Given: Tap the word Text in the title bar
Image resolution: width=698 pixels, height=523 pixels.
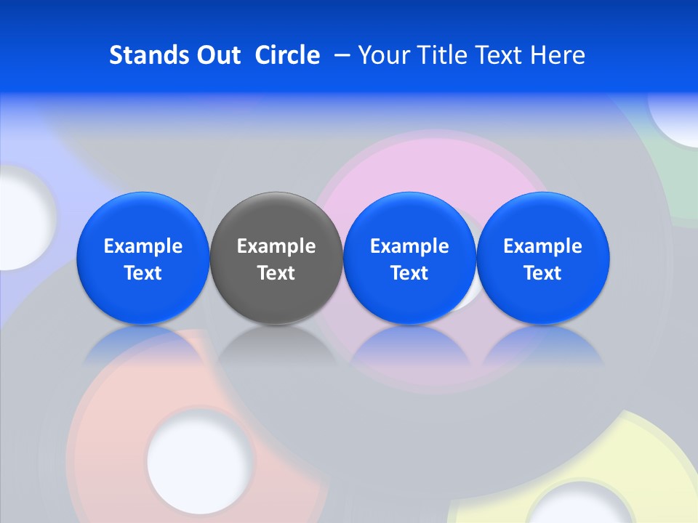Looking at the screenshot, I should pyautogui.click(x=497, y=55).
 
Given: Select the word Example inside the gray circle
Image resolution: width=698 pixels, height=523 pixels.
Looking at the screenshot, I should pyautogui.click(x=276, y=246).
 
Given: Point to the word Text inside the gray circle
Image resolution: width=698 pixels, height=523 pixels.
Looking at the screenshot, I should pyautogui.click(x=276, y=273).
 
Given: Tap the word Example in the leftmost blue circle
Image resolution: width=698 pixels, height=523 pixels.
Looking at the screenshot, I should pyautogui.click(x=143, y=246).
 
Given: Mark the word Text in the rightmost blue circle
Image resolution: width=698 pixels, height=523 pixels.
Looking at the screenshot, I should pyautogui.click(x=543, y=273).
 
